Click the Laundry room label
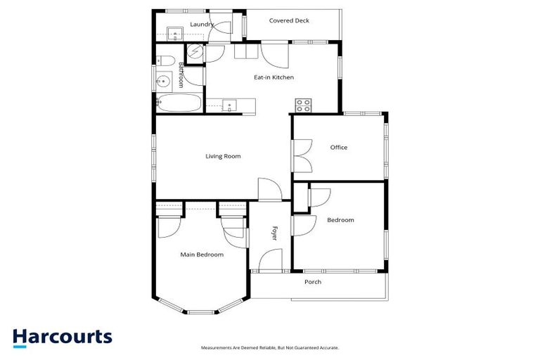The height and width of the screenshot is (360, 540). point(202,25)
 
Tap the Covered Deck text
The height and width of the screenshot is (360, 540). point(289,20)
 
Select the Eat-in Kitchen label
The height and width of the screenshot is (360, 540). point(274,77)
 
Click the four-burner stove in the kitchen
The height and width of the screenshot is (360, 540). point(304,105)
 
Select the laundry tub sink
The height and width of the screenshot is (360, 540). point(174,32)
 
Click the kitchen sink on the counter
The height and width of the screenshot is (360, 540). point(229,106)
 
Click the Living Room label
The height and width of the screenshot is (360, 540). point(223,156)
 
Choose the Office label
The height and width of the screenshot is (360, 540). point(339,148)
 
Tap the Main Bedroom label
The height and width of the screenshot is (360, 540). point(202,255)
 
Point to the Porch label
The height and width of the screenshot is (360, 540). point(313,282)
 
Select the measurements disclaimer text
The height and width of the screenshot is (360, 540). point(270,347)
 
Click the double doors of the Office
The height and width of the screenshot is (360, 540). point(302,155)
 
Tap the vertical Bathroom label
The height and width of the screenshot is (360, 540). point(181,75)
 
